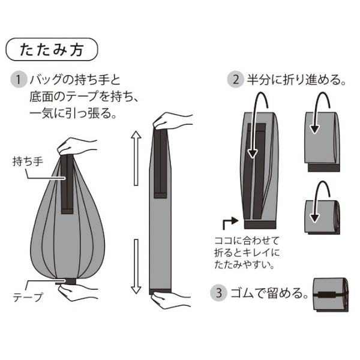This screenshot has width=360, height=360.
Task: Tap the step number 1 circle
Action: coord(19,80)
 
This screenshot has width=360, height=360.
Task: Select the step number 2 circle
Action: coord(235,80)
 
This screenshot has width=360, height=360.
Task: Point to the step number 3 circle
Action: coord(219,293)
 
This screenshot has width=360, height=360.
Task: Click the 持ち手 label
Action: coord(28,161)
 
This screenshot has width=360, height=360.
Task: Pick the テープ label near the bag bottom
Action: coord(28,297)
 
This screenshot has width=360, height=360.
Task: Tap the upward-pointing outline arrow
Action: coord(136,158)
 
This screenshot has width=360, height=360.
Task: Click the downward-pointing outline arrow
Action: coord(136,266)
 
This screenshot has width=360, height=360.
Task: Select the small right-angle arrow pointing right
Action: coord(230,222)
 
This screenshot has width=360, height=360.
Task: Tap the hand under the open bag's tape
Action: coord(77,292)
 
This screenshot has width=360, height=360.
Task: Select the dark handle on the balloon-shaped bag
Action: coord(67,184)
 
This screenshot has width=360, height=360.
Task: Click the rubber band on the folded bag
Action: coord(330,295)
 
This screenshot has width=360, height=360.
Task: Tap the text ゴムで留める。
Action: coord(269,293)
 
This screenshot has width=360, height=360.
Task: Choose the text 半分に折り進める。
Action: coord(296,80)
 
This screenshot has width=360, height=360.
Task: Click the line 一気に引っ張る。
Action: coord(73,113)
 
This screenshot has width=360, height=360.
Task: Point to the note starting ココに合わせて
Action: coord(247,253)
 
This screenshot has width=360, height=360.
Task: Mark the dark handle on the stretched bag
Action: coord(160,163)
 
